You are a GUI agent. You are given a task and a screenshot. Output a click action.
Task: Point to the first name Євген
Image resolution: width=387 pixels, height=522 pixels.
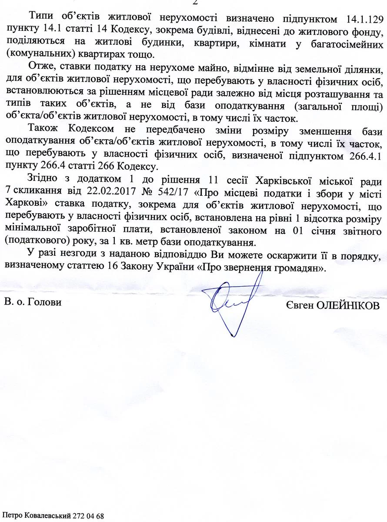pos(300,305)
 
